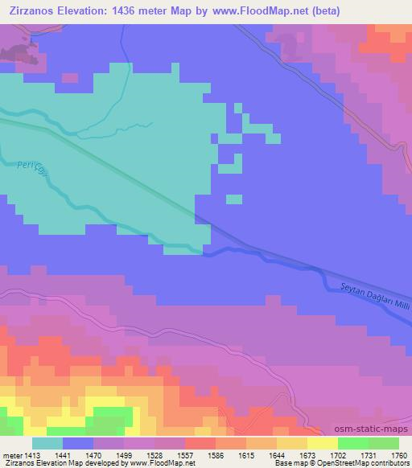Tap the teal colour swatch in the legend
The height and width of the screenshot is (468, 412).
[47, 443]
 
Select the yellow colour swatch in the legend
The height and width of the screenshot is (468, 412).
[323, 443]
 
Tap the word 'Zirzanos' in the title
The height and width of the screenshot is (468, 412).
[32, 10]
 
